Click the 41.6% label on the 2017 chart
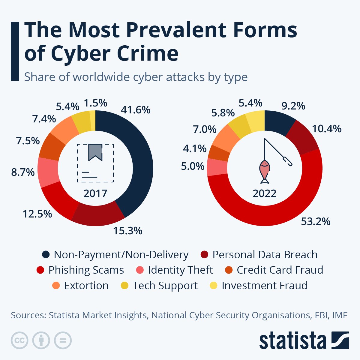coord(135,110)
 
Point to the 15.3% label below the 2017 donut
coord(127,231)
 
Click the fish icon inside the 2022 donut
coord(264,171)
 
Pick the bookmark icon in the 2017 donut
coord(95,151)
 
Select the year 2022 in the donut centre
coord(264,193)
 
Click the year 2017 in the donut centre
coord(95,193)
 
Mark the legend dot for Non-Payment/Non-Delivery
coord(46,255)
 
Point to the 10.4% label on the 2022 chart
coord(327,129)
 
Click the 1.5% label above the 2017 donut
coord(95,103)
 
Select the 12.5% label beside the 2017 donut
coord(37,214)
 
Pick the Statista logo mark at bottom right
coord(340,340)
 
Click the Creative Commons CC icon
coord(19,340)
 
